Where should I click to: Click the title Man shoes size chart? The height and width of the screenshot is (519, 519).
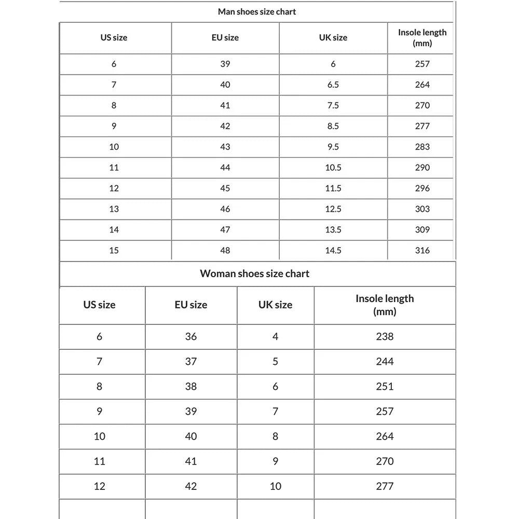tap(256, 11)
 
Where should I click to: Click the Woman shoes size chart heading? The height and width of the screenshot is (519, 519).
tap(254, 274)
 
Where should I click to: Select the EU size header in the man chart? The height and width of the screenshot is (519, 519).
tap(225, 37)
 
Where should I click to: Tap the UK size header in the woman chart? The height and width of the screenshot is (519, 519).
tap(275, 305)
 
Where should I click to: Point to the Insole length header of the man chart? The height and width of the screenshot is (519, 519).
tap(422, 37)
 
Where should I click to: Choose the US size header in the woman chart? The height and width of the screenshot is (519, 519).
tap(99, 305)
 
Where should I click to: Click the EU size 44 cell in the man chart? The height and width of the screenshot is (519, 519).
tap(225, 168)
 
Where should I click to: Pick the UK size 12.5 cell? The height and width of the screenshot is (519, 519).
tap(333, 209)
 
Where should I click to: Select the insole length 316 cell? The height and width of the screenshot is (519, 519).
tap(422, 250)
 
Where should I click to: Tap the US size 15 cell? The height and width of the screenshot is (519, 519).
tap(114, 250)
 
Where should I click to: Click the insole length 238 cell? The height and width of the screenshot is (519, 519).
tap(385, 336)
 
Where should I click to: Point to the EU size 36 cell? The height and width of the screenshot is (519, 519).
tap(190, 336)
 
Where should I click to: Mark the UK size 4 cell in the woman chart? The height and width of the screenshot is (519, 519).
tap(275, 336)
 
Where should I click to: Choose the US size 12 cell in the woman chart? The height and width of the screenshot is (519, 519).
tap(99, 486)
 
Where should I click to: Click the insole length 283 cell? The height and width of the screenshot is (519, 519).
tap(422, 147)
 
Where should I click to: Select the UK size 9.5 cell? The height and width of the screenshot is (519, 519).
tap(333, 147)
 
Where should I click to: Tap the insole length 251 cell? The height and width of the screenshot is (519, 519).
tap(385, 386)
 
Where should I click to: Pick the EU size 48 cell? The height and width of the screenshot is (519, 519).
tap(225, 250)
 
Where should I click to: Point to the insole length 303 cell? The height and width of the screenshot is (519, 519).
tap(422, 209)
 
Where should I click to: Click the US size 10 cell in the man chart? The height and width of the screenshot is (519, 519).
tap(114, 147)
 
